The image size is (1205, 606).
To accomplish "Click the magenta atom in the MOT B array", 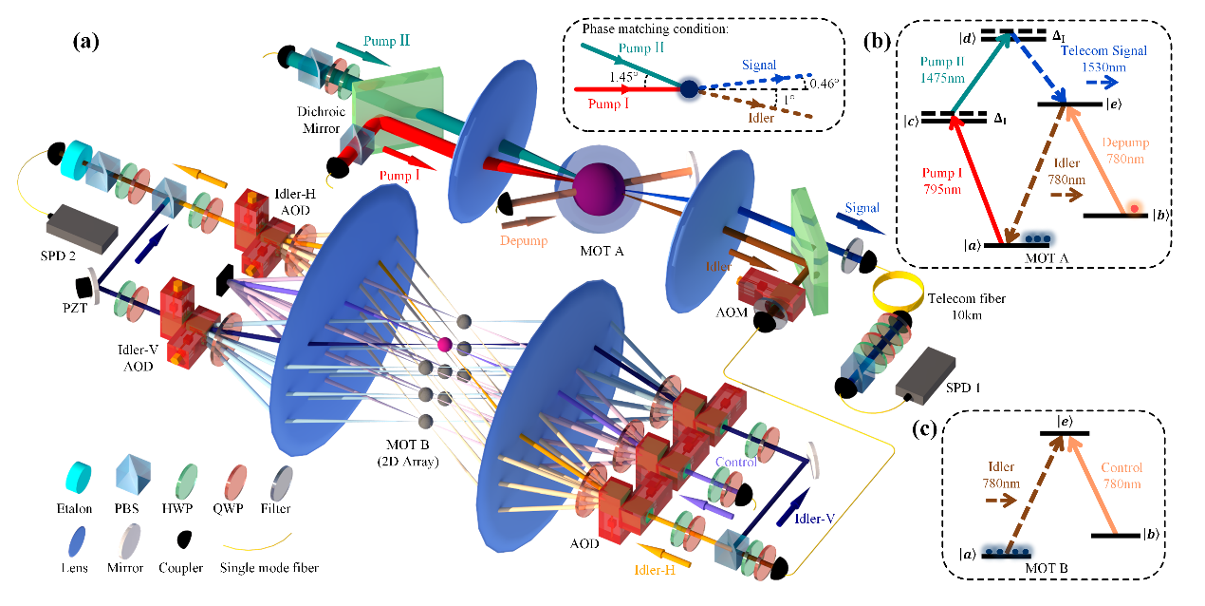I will click(442, 343).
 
